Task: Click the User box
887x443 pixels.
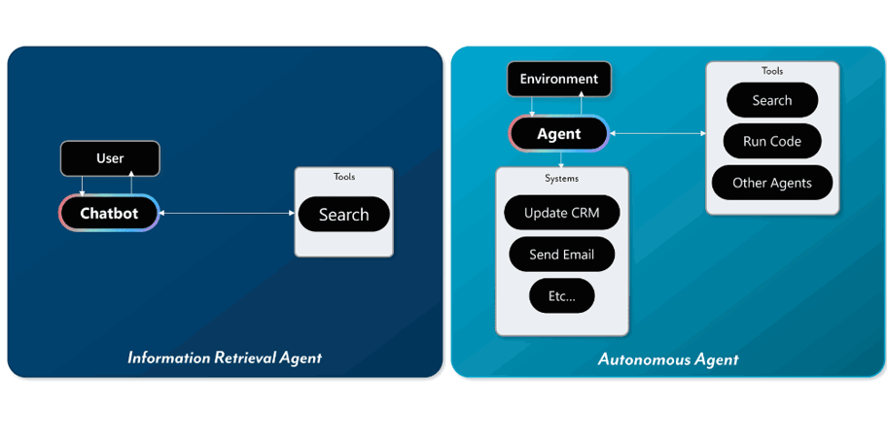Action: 110,158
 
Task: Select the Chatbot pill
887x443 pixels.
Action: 109,214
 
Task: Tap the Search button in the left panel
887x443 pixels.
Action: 343,215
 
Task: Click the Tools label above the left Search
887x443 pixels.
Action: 343,177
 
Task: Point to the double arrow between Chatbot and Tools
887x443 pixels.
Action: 227,214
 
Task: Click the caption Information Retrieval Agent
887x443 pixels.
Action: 225,358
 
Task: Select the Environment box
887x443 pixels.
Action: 559,79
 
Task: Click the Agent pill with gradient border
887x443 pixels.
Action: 559,134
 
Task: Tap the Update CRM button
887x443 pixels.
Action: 561,213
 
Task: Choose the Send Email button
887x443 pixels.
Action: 561,255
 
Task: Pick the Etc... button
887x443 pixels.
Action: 561,296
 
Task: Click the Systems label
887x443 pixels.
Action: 561,179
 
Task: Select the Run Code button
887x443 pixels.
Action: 771,142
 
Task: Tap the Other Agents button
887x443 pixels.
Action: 771,183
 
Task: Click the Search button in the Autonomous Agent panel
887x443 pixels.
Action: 771,101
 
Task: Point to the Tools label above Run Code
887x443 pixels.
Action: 771,71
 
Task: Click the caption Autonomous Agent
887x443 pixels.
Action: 668,359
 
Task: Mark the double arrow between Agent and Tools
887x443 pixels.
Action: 657,134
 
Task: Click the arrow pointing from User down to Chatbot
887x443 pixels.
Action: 83,186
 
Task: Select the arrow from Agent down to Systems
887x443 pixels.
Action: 561,159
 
